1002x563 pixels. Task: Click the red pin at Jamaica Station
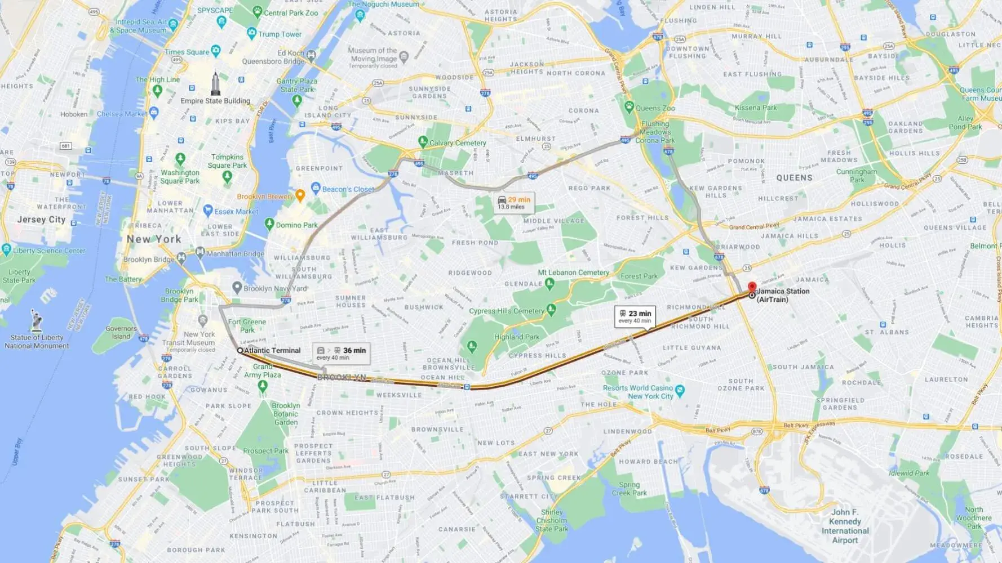(x=752, y=287)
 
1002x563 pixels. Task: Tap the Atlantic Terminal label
(x=272, y=350)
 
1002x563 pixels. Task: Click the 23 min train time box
(x=635, y=316)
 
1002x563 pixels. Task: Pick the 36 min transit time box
(x=342, y=353)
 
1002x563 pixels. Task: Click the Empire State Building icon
(x=215, y=84)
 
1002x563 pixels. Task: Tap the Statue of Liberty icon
(x=37, y=320)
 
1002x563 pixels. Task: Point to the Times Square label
(x=187, y=52)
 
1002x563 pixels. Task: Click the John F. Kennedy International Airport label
(x=845, y=526)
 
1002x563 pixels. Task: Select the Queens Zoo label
(x=655, y=108)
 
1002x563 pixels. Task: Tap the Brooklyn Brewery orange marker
(x=300, y=195)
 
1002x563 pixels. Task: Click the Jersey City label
(x=41, y=220)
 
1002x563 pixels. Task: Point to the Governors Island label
(x=121, y=332)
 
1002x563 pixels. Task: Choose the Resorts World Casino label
(x=638, y=392)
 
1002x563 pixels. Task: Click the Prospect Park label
(x=265, y=450)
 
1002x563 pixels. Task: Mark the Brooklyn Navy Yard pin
(x=237, y=288)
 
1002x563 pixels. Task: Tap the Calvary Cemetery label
(x=458, y=143)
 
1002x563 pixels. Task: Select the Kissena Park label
(x=755, y=108)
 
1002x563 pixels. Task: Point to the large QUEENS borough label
(x=794, y=178)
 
